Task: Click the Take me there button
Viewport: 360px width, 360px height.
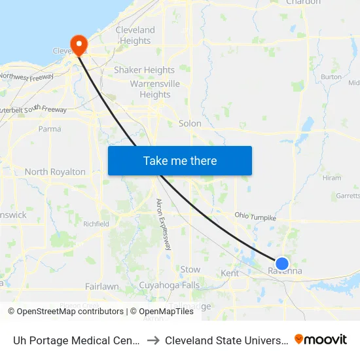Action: click(x=180, y=160)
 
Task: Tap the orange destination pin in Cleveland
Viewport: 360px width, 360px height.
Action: click(x=79, y=44)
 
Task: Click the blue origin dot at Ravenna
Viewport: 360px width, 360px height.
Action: click(x=282, y=263)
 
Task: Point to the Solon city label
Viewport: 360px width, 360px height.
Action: click(x=190, y=123)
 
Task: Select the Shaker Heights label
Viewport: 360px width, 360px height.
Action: click(x=145, y=70)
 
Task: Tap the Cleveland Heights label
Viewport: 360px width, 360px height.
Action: click(x=135, y=35)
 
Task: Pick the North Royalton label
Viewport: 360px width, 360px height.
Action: click(x=55, y=171)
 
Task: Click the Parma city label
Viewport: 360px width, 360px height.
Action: click(x=50, y=129)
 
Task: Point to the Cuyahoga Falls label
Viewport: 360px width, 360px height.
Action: click(x=169, y=285)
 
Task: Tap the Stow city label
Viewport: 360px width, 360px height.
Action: click(x=190, y=269)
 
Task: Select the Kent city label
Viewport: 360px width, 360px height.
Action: click(x=230, y=273)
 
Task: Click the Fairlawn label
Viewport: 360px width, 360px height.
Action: click(x=102, y=286)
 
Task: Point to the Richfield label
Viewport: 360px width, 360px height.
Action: click(x=96, y=223)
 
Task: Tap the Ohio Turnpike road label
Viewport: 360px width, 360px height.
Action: click(x=255, y=217)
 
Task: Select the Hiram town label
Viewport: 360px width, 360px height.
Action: click(x=332, y=177)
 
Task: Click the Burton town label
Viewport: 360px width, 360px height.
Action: click(x=331, y=77)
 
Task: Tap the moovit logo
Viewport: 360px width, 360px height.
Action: click(x=321, y=339)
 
